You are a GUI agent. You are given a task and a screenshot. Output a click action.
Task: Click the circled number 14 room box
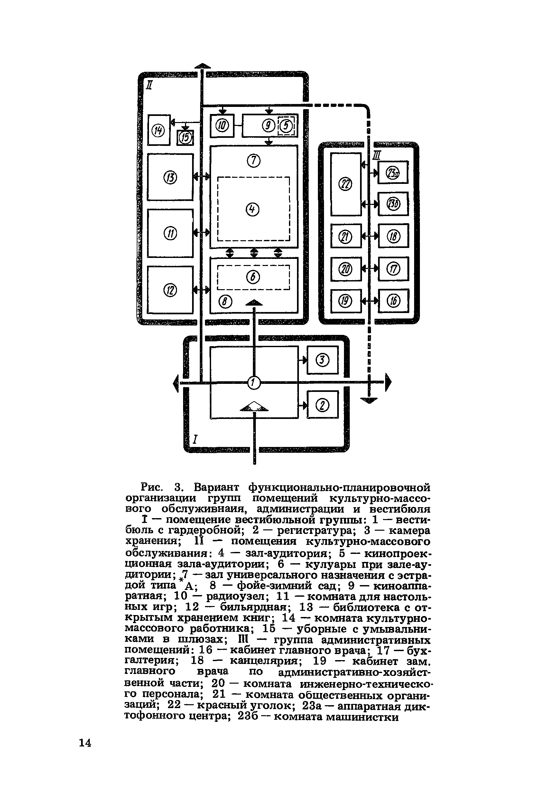tap(159, 130)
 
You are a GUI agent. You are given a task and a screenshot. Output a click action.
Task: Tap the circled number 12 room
tap(170, 290)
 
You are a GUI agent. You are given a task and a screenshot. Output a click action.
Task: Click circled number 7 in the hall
tap(254, 161)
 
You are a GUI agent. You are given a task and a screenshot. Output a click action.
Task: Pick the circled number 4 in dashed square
tap(253, 209)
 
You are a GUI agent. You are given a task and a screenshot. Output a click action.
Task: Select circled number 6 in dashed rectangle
tap(253, 276)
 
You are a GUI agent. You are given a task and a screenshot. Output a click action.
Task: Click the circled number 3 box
tap(323, 360)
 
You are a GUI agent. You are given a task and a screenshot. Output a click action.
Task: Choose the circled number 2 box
tap(323, 405)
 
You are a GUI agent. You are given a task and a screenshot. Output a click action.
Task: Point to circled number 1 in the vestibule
tap(254, 383)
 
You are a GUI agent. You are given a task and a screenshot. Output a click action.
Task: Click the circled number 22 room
tap(345, 185)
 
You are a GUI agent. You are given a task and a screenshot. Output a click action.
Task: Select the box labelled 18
tap(394, 237)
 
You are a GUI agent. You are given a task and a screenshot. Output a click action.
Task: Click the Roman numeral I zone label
tap(195, 440)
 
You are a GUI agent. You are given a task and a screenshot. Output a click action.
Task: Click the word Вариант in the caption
tap(217, 487)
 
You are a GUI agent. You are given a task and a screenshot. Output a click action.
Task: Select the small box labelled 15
tap(185, 138)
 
